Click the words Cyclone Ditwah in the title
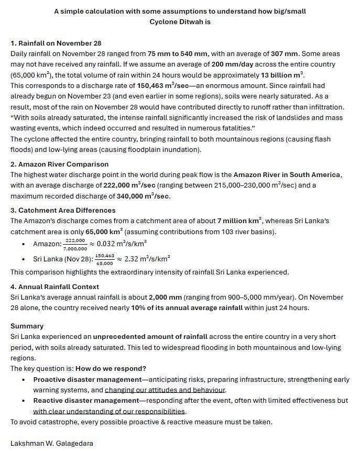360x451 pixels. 180,21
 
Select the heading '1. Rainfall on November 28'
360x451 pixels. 56,43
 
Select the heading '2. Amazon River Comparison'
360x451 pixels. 60,164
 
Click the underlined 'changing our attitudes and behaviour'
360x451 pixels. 165,390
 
